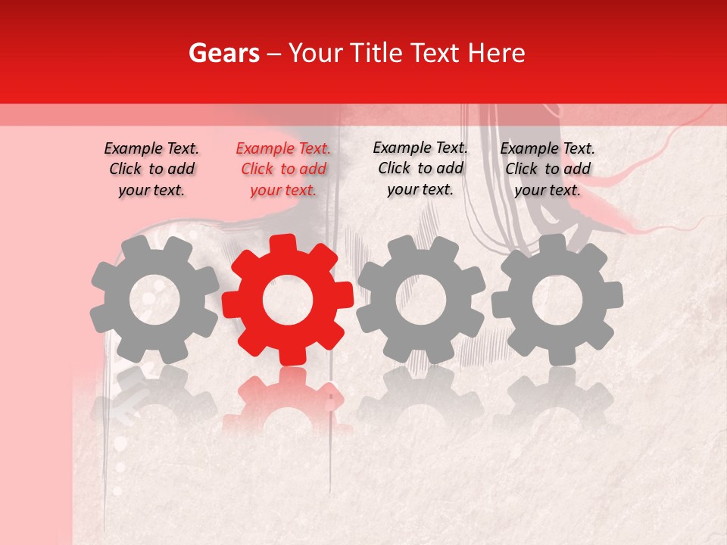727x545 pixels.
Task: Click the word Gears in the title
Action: click(x=223, y=53)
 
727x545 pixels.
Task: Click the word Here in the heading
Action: click(x=497, y=53)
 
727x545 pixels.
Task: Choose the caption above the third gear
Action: click(x=420, y=168)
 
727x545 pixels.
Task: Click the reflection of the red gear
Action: click(x=288, y=401)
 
